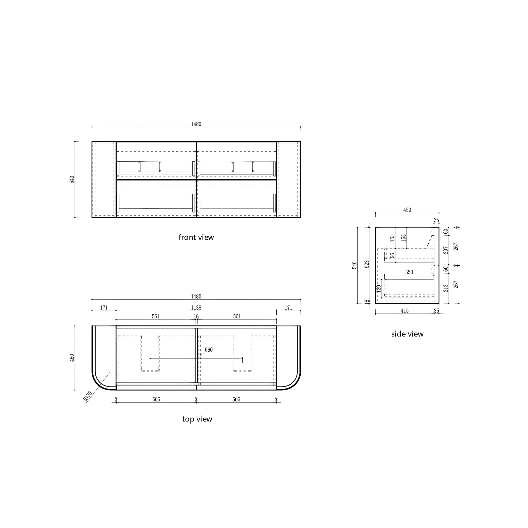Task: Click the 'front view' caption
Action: coord(196,237)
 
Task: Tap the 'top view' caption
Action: coord(197,419)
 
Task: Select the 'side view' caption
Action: coord(407,334)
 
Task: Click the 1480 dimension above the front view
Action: coord(196,124)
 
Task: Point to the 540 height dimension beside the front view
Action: coord(72,179)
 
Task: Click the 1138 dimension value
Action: coord(196,308)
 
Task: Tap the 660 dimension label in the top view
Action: coord(209,350)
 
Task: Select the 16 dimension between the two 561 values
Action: coord(196,317)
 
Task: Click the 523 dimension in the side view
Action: coord(367,264)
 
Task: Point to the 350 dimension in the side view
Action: coord(409,272)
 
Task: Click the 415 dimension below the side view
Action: coord(405,311)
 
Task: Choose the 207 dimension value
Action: coord(446,250)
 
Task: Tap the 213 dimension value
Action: coord(446,288)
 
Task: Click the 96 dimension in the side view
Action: coord(392,255)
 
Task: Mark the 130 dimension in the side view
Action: coord(379,288)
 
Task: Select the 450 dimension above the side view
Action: coord(407,210)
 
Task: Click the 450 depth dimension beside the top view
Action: coord(72,358)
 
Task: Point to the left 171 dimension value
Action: coord(104,308)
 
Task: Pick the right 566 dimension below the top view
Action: coord(236,400)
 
